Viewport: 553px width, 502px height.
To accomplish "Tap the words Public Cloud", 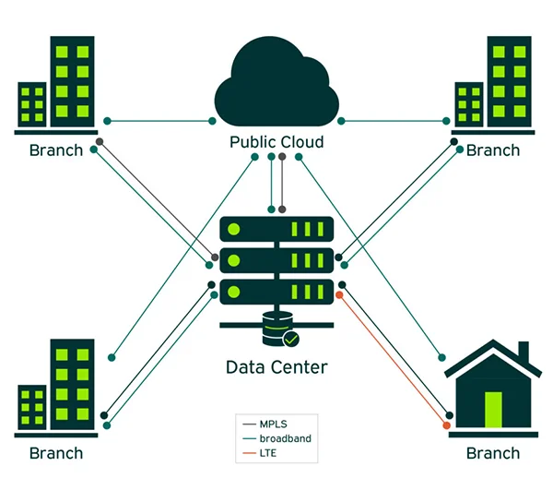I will [276, 142].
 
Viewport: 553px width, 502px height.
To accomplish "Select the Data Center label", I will [276, 367].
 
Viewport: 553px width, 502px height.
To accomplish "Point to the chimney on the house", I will [523, 353].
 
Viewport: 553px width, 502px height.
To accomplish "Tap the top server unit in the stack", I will [276, 228].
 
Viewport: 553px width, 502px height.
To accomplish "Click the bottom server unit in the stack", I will [276, 291].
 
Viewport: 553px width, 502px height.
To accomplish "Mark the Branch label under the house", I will [493, 453].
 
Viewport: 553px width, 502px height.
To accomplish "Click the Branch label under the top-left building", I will [56, 150].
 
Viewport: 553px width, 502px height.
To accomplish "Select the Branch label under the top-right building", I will [493, 150].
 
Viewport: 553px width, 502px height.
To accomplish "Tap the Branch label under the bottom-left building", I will [56, 453].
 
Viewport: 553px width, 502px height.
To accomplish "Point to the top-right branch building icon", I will [495, 84].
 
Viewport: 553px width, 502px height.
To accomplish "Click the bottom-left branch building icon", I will [56, 388].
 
